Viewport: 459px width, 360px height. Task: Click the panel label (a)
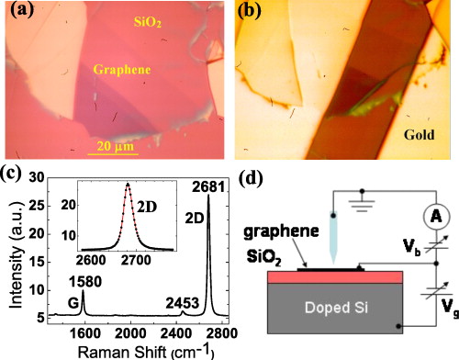tap(19, 14)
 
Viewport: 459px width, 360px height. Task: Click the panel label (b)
tap(250, 14)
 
